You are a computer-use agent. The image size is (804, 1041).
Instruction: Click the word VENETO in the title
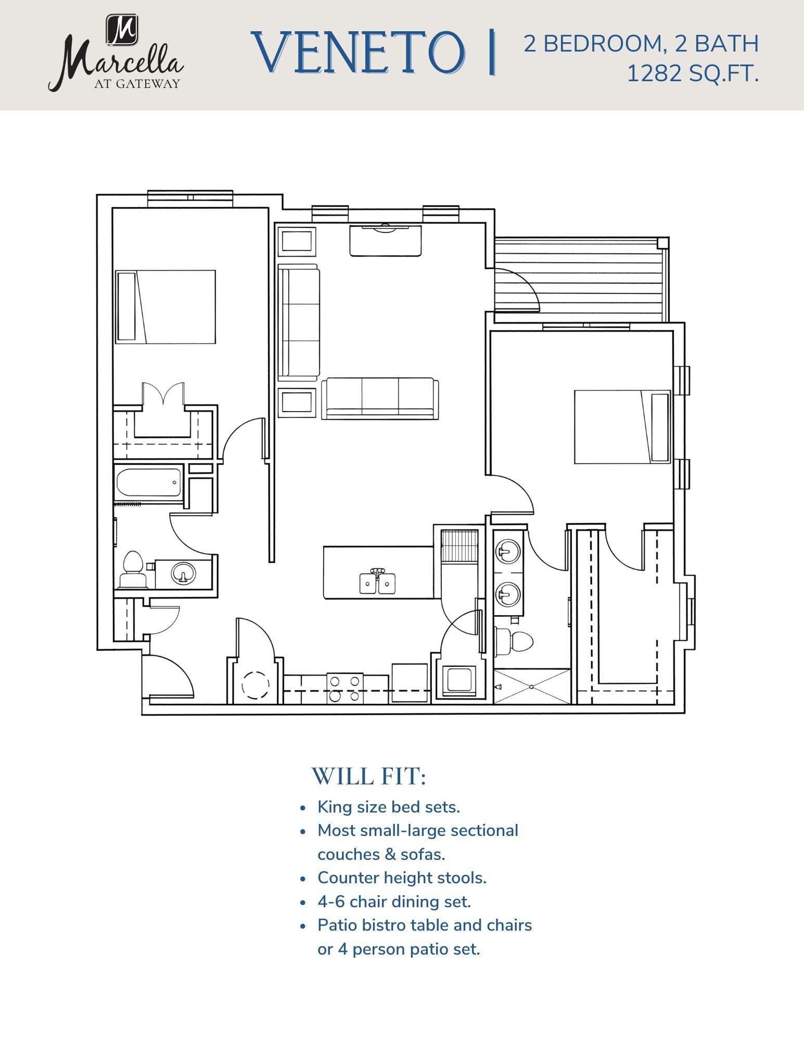(x=358, y=53)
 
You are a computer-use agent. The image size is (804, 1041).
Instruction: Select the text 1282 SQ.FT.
(x=692, y=74)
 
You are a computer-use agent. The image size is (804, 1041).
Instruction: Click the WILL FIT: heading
(x=368, y=776)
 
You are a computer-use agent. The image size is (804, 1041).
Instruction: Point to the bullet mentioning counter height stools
(x=402, y=878)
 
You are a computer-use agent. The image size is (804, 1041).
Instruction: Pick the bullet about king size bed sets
(x=388, y=807)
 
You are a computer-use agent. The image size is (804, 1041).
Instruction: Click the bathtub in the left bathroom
(x=148, y=483)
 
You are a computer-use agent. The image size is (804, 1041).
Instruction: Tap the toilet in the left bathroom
(x=132, y=570)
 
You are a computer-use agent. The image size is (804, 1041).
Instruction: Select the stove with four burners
(x=344, y=688)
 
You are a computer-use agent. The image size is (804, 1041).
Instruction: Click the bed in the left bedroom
(x=165, y=307)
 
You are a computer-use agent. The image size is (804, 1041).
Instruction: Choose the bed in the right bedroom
(x=622, y=427)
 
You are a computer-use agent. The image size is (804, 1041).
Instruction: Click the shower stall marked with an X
(x=532, y=687)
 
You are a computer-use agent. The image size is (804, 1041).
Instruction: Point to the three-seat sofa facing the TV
(x=380, y=398)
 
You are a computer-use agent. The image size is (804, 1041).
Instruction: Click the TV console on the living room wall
(x=385, y=240)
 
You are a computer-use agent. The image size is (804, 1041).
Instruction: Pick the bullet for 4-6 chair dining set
(x=394, y=902)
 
